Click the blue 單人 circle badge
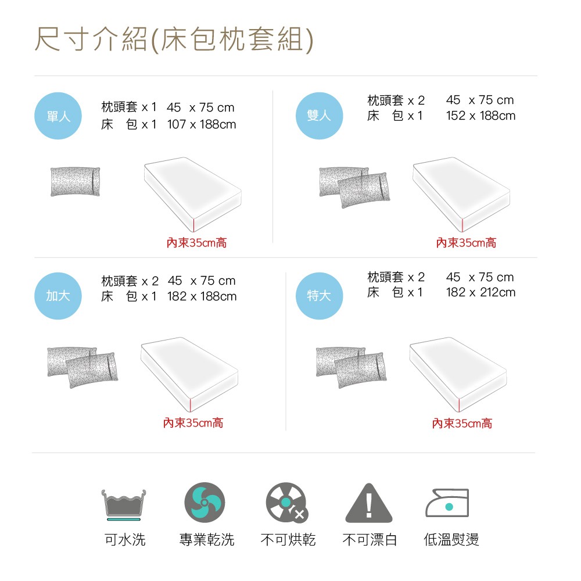(58, 116)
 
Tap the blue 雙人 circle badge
(319, 116)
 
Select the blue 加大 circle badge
(58, 296)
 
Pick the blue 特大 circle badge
(319, 296)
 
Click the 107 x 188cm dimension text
(202, 124)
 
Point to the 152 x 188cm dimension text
(480, 116)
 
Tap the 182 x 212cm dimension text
(480, 292)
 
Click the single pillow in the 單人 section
(75, 181)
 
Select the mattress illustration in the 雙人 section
(461, 195)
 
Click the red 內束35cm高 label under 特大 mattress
(462, 423)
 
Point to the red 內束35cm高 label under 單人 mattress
(196, 243)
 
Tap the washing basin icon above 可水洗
(124, 505)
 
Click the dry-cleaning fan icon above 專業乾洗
(205, 503)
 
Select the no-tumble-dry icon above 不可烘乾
(287, 503)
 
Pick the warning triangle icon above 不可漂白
(369, 503)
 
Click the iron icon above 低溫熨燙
(447, 503)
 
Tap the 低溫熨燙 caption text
(451, 540)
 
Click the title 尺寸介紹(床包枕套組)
(174, 40)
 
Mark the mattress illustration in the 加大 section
(189, 375)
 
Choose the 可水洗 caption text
(125, 540)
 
